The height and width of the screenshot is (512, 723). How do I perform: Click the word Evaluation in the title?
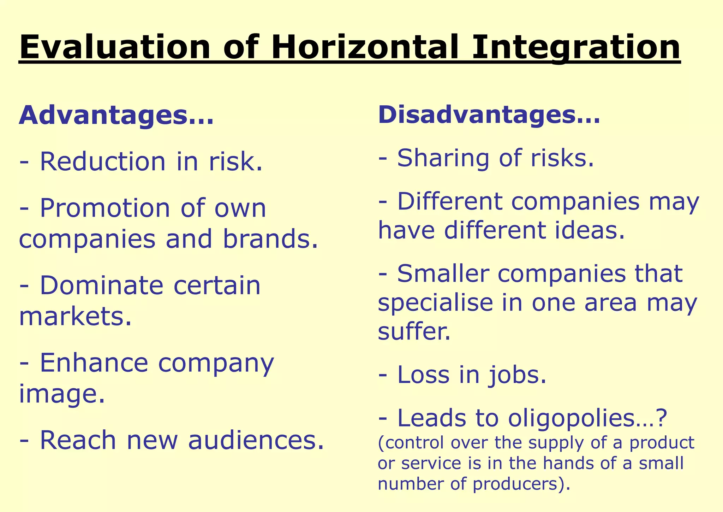[x=115, y=48]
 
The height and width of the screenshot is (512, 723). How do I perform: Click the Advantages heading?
[x=116, y=116]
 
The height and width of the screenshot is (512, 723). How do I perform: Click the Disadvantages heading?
[x=489, y=115]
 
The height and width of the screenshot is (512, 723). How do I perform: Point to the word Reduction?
[x=102, y=161]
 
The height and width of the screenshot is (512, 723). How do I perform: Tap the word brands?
[x=270, y=239]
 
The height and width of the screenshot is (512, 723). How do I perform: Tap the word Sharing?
[x=443, y=158]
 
